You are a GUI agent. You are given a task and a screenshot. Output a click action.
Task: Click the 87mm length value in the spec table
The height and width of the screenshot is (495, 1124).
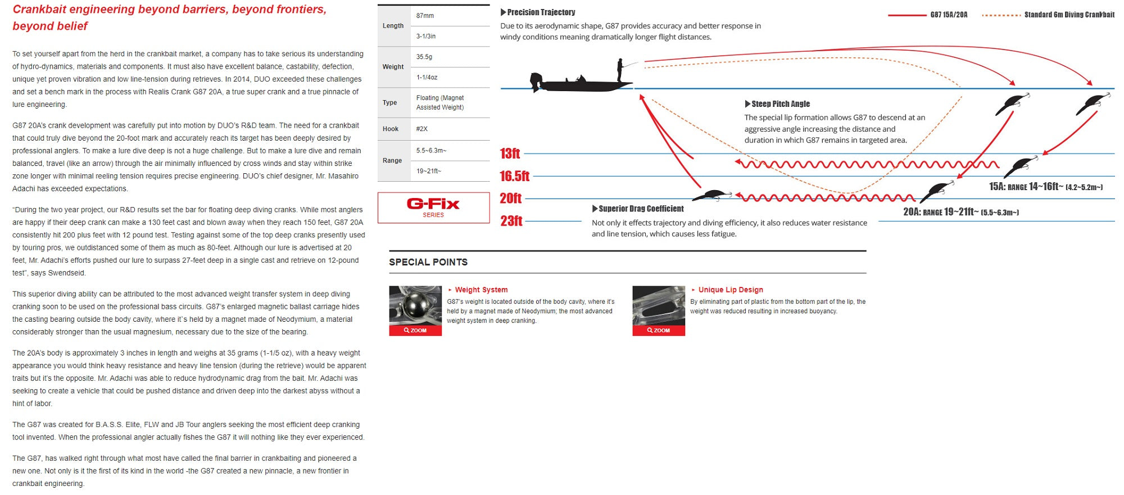(x=425, y=16)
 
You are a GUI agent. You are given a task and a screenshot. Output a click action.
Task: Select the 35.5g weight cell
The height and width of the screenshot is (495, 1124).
(x=424, y=57)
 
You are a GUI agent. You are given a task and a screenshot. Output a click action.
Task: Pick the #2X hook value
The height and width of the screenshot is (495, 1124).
(x=422, y=129)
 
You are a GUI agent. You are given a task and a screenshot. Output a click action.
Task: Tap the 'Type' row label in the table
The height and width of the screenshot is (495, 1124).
(x=390, y=102)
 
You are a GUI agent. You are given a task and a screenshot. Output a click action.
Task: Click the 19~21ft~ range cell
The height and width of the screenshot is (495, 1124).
(x=429, y=171)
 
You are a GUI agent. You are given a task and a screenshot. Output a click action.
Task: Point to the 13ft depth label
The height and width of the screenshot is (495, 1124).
(x=510, y=154)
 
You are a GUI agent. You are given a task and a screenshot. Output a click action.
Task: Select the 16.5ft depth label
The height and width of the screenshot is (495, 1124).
(x=514, y=176)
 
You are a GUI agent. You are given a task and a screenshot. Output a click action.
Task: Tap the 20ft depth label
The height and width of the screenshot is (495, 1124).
(x=510, y=199)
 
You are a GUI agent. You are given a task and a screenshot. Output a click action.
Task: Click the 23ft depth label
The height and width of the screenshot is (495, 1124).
(x=511, y=221)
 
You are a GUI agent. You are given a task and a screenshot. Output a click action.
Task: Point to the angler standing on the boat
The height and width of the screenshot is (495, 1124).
(x=620, y=69)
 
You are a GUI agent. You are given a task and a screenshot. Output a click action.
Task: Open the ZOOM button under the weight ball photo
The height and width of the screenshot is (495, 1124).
(x=415, y=330)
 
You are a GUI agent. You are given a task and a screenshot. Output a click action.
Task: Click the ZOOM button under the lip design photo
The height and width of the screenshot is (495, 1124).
(x=659, y=330)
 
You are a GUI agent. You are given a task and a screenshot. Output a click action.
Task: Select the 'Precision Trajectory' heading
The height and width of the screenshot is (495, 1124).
(x=541, y=12)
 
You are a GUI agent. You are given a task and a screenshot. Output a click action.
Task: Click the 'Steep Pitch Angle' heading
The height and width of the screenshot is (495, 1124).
(x=780, y=104)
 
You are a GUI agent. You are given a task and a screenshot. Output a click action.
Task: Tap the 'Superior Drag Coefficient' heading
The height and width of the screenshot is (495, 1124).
(x=641, y=209)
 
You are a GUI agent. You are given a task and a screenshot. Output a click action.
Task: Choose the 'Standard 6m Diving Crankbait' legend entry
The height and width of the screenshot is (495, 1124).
(x=1068, y=15)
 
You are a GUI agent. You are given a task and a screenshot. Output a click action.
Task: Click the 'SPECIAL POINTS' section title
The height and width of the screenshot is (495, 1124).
(x=428, y=262)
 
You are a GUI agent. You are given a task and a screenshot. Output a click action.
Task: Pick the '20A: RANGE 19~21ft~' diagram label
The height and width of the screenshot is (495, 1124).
(x=960, y=212)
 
